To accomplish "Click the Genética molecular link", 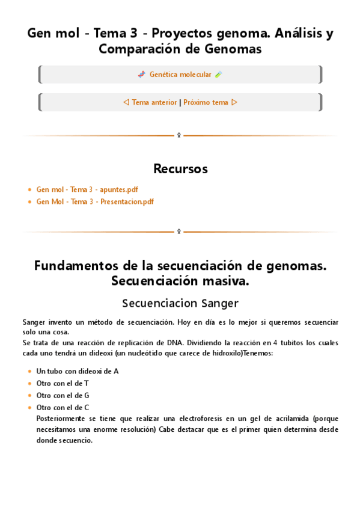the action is [180, 75].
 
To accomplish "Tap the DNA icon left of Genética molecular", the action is [141, 75].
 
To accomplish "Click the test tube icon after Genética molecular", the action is [219, 75].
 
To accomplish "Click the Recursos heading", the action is [180, 169].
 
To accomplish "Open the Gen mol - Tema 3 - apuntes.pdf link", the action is [87, 189].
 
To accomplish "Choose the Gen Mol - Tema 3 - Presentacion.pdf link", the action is [95, 201].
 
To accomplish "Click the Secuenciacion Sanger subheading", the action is [180, 303].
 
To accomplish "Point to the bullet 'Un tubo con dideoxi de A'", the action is [78, 371].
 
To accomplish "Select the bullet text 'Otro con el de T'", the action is [63, 383].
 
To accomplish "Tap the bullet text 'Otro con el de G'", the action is [63, 395].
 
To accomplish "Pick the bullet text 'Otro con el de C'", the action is [63, 407].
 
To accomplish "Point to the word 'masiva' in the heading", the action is [225, 281].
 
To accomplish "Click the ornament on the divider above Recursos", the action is [178, 136].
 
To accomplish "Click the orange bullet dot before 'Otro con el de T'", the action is [30, 384].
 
